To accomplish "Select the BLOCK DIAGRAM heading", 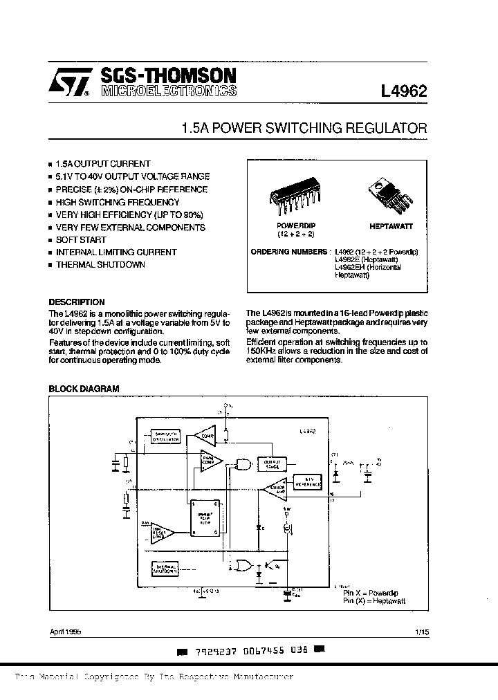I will click(x=84, y=389).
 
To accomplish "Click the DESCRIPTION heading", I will click(x=77, y=302).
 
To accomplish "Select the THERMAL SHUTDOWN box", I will click(x=165, y=569).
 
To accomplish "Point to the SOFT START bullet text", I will click(x=81, y=239).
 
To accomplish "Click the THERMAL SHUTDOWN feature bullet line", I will click(x=100, y=264).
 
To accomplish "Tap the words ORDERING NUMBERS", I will click(x=289, y=252).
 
